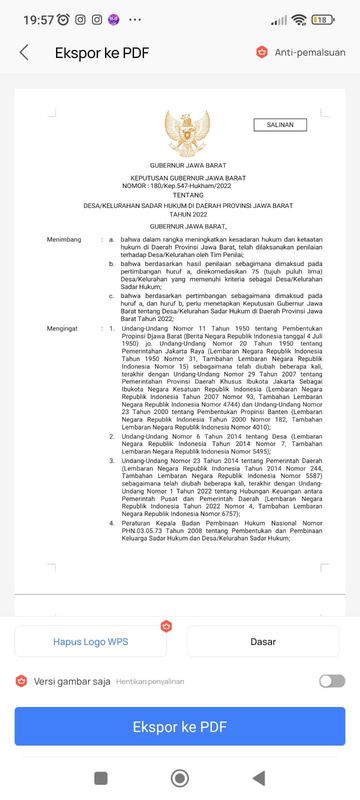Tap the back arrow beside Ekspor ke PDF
point(23,53)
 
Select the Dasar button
point(263,641)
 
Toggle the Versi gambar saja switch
point(332,681)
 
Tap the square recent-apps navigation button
point(101,777)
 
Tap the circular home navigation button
point(180,777)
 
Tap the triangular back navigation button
point(259,777)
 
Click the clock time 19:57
point(38,19)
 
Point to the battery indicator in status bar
point(323,19)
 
